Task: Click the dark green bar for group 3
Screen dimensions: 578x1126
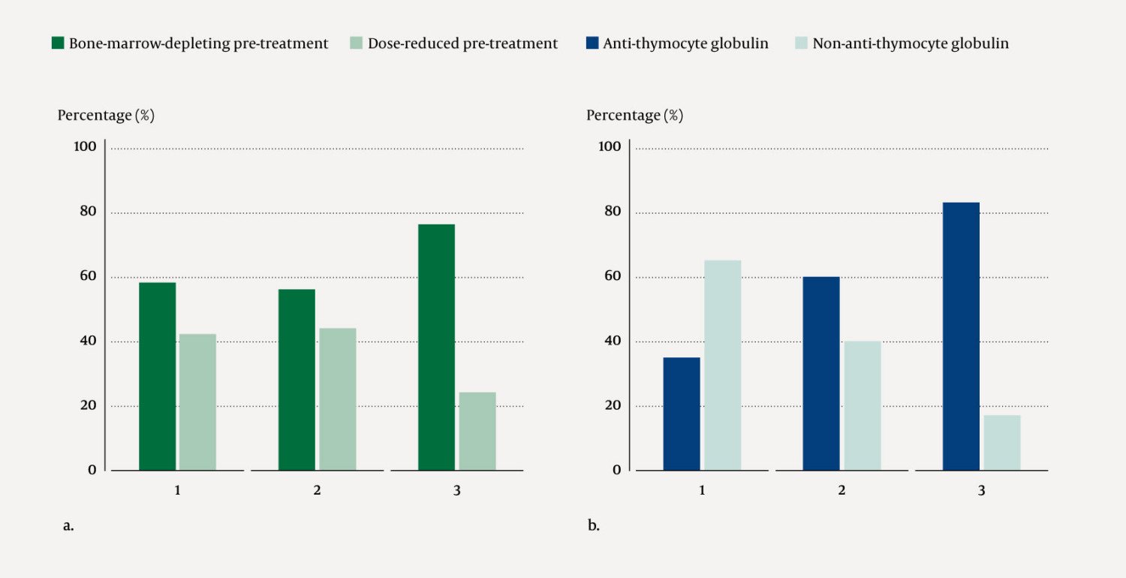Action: tap(436, 347)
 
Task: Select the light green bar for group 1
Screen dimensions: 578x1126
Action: tap(197, 402)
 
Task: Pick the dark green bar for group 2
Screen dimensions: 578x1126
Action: tap(297, 379)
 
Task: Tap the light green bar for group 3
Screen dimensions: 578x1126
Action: tap(477, 431)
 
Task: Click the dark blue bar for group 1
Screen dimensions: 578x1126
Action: tap(682, 414)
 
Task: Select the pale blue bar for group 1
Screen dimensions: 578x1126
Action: tap(722, 365)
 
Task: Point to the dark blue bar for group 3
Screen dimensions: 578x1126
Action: tap(961, 336)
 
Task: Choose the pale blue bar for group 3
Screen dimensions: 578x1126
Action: tap(1002, 442)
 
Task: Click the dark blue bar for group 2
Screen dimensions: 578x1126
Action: tap(821, 373)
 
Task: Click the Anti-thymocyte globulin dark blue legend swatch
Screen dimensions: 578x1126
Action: tap(592, 44)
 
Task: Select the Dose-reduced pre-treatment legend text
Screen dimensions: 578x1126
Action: tap(462, 44)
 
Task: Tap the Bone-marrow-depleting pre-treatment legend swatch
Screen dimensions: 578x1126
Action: tap(58, 44)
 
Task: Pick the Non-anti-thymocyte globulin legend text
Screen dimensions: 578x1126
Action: tap(911, 44)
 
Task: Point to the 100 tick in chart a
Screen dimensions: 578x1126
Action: tap(85, 146)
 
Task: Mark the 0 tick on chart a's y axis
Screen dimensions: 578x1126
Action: tap(92, 470)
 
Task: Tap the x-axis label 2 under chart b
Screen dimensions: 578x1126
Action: tap(841, 491)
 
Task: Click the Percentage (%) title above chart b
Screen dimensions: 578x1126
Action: tap(634, 116)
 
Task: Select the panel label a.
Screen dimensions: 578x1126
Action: tap(68, 525)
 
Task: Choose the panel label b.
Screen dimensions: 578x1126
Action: tap(593, 525)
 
